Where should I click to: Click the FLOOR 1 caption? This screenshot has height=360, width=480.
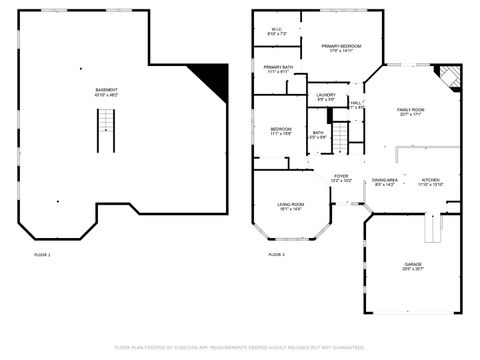42,255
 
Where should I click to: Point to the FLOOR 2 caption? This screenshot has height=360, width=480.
276,255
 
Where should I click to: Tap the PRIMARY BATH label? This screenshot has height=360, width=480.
278,69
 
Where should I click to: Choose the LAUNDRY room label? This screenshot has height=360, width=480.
327,97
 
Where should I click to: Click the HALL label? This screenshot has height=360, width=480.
355,104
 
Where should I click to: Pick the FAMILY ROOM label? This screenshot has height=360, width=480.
411,112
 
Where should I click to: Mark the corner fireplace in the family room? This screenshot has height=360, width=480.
450,77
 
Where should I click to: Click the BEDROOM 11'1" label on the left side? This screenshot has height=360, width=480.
280,131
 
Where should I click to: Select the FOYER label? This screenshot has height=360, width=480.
341,178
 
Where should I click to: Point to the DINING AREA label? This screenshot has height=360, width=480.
385,182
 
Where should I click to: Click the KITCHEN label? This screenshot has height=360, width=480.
431,182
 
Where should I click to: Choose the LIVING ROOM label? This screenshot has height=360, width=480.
290,206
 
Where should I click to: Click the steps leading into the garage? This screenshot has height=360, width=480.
431,231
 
